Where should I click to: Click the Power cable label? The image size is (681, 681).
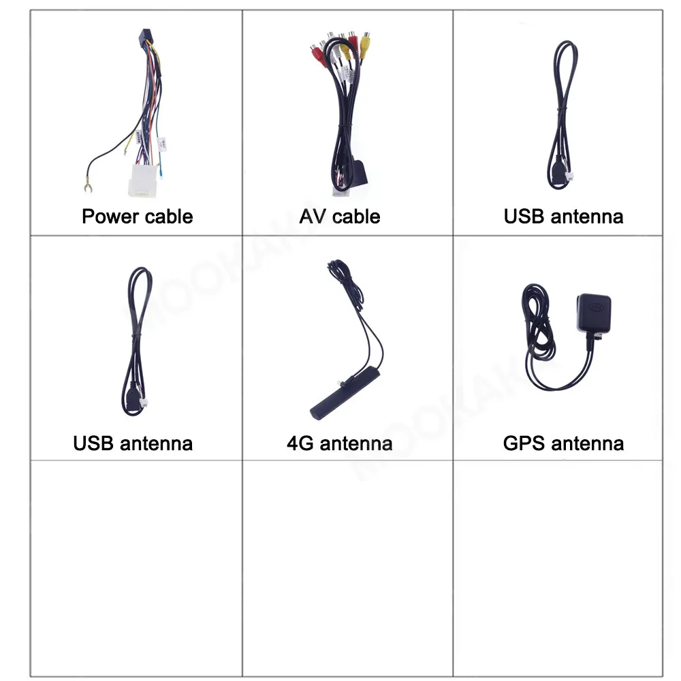click(x=137, y=217)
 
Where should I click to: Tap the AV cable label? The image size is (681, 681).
click(x=339, y=217)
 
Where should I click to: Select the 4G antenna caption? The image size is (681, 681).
click(x=339, y=443)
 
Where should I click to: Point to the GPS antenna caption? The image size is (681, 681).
click(x=563, y=443)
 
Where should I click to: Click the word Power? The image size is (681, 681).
click(x=110, y=217)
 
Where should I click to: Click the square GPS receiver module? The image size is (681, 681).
click(x=594, y=313)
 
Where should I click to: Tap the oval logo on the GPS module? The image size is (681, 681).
click(x=596, y=306)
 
